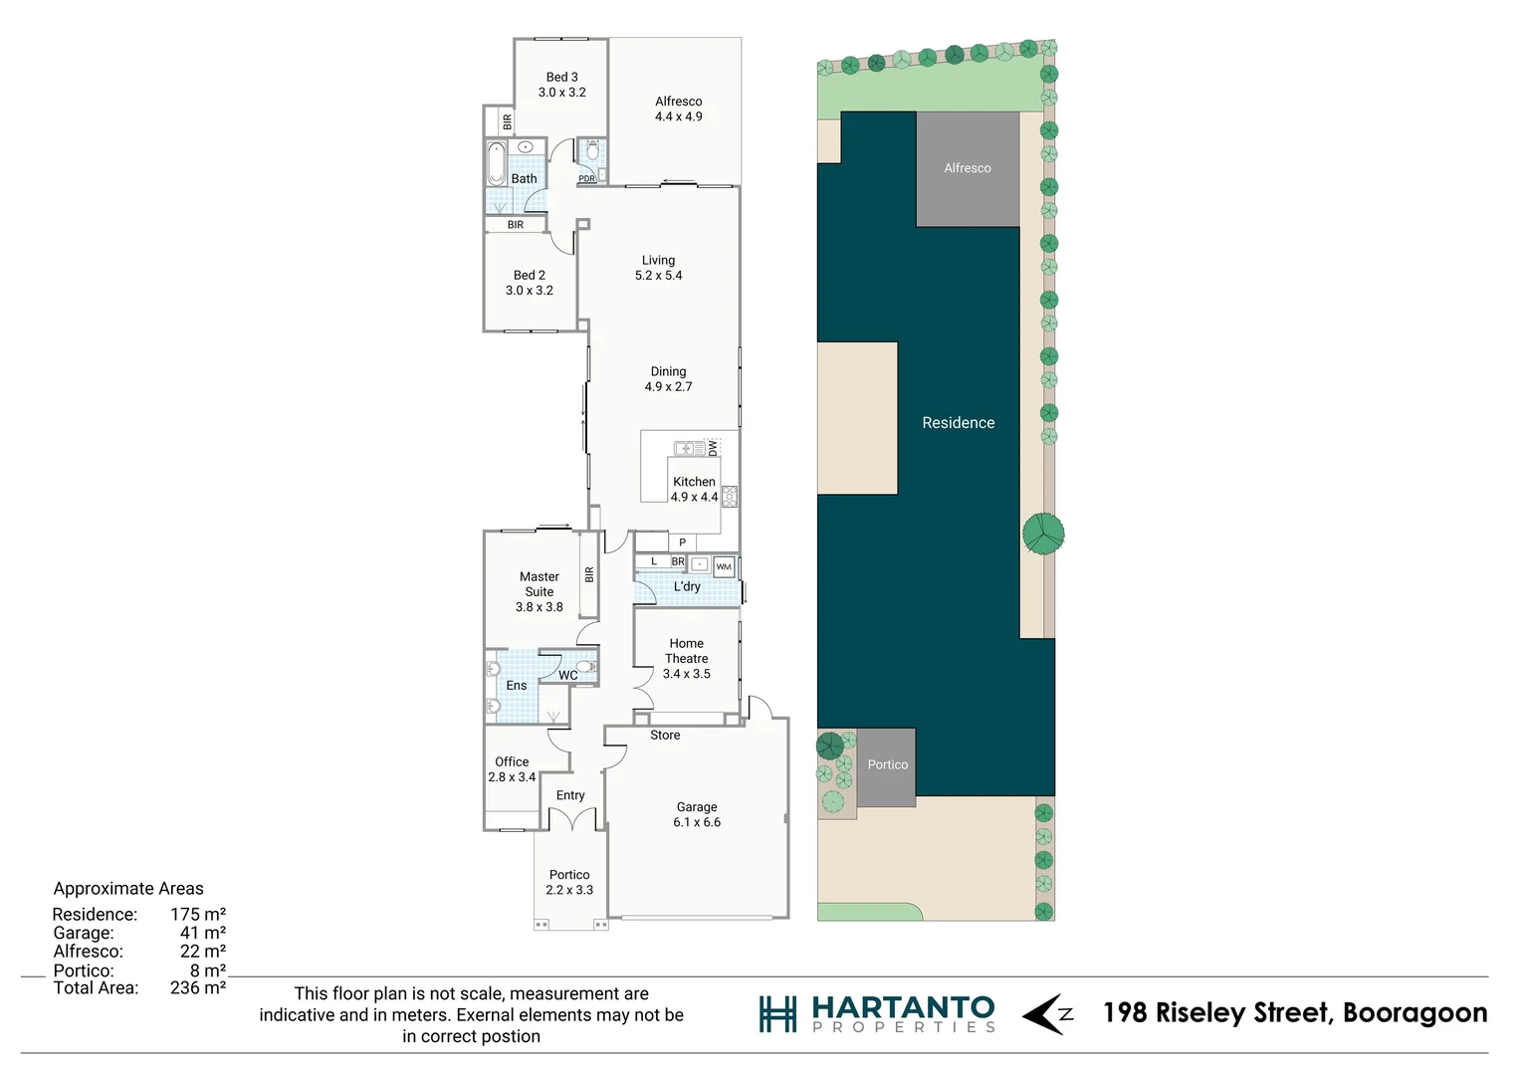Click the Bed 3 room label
click(x=561, y=78)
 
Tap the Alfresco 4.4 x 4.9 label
click(x=678, y=109)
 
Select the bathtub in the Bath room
click(x=496, y=163)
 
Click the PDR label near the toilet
click(x=586, y=179)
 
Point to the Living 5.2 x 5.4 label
click(x=658, y=268)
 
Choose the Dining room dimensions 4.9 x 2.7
click(x=668, y=387)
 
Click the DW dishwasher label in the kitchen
click(x=713, y=449)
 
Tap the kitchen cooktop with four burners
click(x=730, y=496)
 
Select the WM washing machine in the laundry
click(x=724, y=567)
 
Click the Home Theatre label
click(x=686, y=651)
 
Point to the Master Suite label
click(x=539, y=584)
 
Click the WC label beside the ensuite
click(x=567, y=676)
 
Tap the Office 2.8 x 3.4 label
click(x=512, y=769)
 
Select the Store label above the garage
click(x=665, y=736)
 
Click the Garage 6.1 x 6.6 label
click(x=696, y=814)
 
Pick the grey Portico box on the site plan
click(x=886, y=766)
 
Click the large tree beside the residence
click(x=1043, y=535)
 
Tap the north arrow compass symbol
click(x=1047, y=1014)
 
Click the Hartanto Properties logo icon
click(x=777, y=1014)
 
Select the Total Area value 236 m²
click(x=197, y=988)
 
